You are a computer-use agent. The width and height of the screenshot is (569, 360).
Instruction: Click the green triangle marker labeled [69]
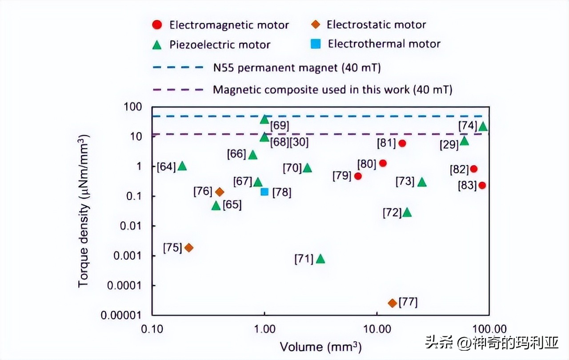264,119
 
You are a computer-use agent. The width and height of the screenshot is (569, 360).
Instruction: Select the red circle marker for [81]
402,143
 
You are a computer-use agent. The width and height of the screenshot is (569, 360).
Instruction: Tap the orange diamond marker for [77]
392,303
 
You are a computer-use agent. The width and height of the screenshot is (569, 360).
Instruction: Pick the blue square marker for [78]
264,192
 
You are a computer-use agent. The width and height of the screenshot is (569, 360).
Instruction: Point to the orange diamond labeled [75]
189,248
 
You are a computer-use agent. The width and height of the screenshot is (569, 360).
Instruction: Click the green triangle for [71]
320,259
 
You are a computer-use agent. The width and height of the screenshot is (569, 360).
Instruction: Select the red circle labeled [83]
482,185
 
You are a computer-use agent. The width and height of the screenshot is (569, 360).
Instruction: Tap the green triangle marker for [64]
182,166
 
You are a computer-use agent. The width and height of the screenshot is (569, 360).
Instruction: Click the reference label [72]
392,213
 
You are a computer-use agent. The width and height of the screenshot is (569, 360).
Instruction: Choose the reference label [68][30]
289,142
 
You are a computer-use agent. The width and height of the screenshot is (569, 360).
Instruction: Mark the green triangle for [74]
483,127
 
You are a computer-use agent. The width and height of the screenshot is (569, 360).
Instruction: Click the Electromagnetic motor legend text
229,25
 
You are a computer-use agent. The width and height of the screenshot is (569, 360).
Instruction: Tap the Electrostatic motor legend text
376,24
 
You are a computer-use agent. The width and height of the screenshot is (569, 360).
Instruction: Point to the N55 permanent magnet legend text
297,68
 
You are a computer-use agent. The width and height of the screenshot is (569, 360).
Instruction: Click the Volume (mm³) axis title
320,347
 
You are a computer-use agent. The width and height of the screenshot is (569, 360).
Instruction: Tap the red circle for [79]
358,176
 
